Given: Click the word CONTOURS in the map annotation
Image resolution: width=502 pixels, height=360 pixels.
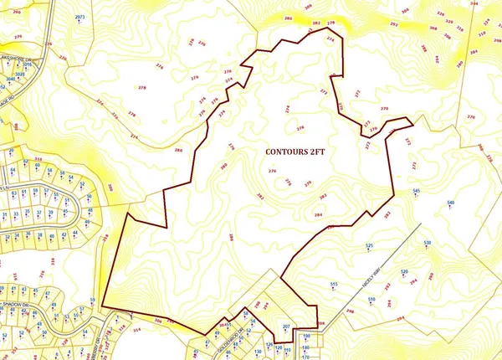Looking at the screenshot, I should tap(282, 152).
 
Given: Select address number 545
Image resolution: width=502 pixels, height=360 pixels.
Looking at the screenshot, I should tap(416, 192).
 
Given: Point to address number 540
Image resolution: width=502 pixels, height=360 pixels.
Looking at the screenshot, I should tap(450, 203).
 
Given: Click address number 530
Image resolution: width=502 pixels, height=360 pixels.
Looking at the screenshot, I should tap(428, 243).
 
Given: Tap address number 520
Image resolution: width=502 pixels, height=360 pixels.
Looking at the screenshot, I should tap(405, 272).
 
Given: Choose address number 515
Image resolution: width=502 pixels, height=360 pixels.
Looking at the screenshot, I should tap(333, 285).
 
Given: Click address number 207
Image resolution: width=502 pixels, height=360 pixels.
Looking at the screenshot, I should tap(286, 325).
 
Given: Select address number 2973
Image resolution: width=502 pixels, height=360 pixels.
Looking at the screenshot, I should tap(80, 17).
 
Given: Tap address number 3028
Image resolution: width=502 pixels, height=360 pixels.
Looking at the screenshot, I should tap(20, 75).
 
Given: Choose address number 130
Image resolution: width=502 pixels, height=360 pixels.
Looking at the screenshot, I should tap(259, 352).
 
